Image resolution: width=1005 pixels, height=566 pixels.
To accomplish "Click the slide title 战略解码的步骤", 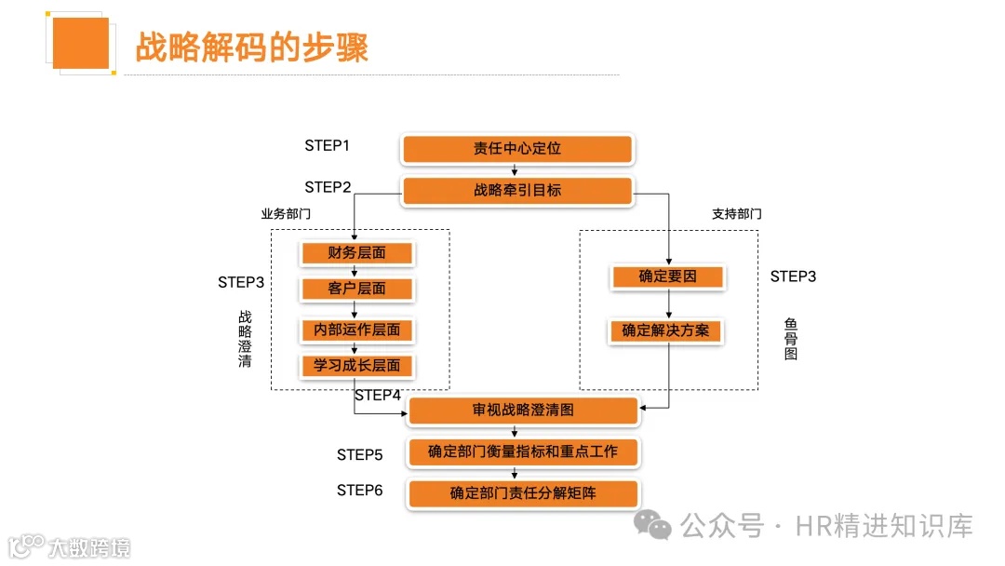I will pos(252,47).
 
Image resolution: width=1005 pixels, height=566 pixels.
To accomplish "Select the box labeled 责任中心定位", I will pos(517,149).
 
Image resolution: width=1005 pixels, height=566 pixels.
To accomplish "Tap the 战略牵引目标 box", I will pos(517,191).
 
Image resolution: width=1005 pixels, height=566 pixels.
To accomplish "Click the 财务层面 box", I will pos(356,253).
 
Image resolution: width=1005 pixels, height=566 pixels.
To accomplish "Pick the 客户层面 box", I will pos(356,289).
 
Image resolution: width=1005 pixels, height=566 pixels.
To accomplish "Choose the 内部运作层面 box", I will pos(356,330).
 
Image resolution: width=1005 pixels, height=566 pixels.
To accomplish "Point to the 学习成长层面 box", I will pos(356,366).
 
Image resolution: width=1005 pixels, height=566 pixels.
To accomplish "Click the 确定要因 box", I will pos(667,276).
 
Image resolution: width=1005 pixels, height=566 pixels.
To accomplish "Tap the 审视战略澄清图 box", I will pos(523,410).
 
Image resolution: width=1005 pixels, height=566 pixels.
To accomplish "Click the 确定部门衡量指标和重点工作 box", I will pos(523,452).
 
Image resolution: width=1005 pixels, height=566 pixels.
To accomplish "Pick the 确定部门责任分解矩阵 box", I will pos(523,493).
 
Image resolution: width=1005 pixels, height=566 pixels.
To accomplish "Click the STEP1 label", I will pos(327,146).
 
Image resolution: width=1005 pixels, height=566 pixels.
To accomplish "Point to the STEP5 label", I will pos(359,455).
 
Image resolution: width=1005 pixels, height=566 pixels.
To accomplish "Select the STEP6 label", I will pos(359,491).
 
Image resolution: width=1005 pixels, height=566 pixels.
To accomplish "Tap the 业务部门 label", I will pos(286,214).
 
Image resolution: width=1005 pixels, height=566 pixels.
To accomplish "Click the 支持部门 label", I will pos(736,214).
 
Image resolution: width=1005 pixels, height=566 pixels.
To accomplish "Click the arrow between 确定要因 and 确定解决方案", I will pos(668,304).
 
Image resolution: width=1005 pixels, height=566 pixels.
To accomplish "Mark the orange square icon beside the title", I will pos(81,43).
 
